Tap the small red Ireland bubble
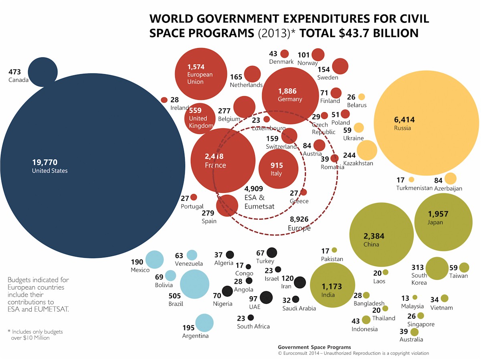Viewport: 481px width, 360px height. pyautogui.click(x=164, y=100)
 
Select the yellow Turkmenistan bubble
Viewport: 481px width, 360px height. pyautogui.click(x=411, y=179)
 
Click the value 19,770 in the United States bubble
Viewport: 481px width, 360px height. pyautogui.click(x=45, y=162)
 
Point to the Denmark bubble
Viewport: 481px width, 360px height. pyautogui.click(x=285, y=54)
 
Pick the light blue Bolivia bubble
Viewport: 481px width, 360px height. pyautogui.click(x=170, y=275)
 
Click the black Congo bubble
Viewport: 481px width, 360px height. pyautogui.click(x=248, y=267)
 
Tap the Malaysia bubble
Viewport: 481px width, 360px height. pyautogui.click(x=415, y=297)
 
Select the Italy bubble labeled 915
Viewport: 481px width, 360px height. pyautogui.click(x=278, y=169)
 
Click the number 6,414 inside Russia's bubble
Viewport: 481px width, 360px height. pyautogui.click(x=404, y=119)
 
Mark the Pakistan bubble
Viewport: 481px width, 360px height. pyautogui.click(x=334, y=250)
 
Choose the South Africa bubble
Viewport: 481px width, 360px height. pyautogui.click(x=251, y=318)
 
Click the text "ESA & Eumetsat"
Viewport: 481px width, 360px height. pyautogui.click(x=259, y=202)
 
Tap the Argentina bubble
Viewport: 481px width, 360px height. pyautogui.click(x=204, y=323)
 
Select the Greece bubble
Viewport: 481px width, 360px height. pyautogui.click(x=303, y=192)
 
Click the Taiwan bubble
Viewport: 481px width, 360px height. pyautogui.click(x=464, y=267)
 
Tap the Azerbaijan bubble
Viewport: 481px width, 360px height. pyautogui.click(x=450, y=178)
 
